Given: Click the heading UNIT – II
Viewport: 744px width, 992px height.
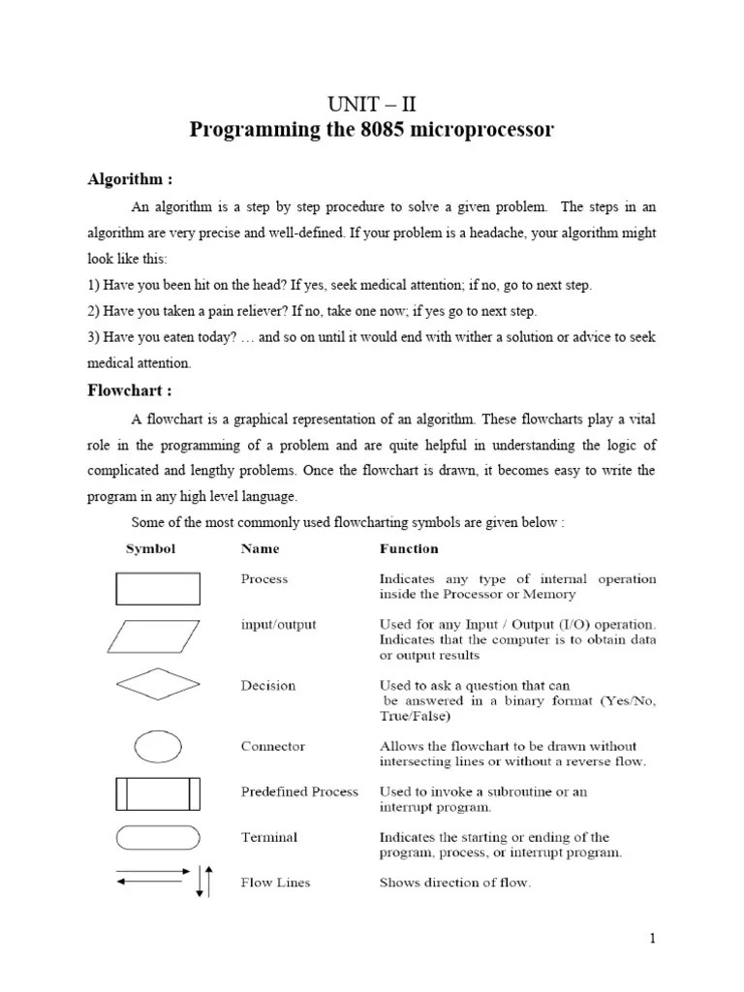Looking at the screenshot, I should [x=372, y=105].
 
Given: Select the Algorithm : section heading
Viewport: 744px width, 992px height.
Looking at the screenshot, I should [x=131, y=179].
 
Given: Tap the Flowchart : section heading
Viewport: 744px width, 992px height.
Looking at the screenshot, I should [x=131, y=391].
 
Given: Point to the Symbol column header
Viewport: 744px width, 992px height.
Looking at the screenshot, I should [x=150, y=548].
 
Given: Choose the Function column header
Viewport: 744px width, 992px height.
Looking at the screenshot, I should [x=409, y=548].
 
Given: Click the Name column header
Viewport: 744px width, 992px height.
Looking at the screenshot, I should [x=260, y=548].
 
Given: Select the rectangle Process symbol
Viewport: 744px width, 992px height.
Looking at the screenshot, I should [x=158, y=588].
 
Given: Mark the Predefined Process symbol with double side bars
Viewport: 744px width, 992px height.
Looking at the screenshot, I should [x=158, y=792].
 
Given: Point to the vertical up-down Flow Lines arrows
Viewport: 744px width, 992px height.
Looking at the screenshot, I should [x=203, y=880].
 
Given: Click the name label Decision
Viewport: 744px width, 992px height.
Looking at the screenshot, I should [x=268, y=686].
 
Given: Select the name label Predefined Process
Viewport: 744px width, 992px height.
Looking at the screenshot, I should [x=299, y=791].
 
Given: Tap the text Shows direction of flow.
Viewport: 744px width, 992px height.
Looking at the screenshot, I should [x=455, y=883].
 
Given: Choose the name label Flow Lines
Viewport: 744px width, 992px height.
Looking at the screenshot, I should [x=275, y=883].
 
